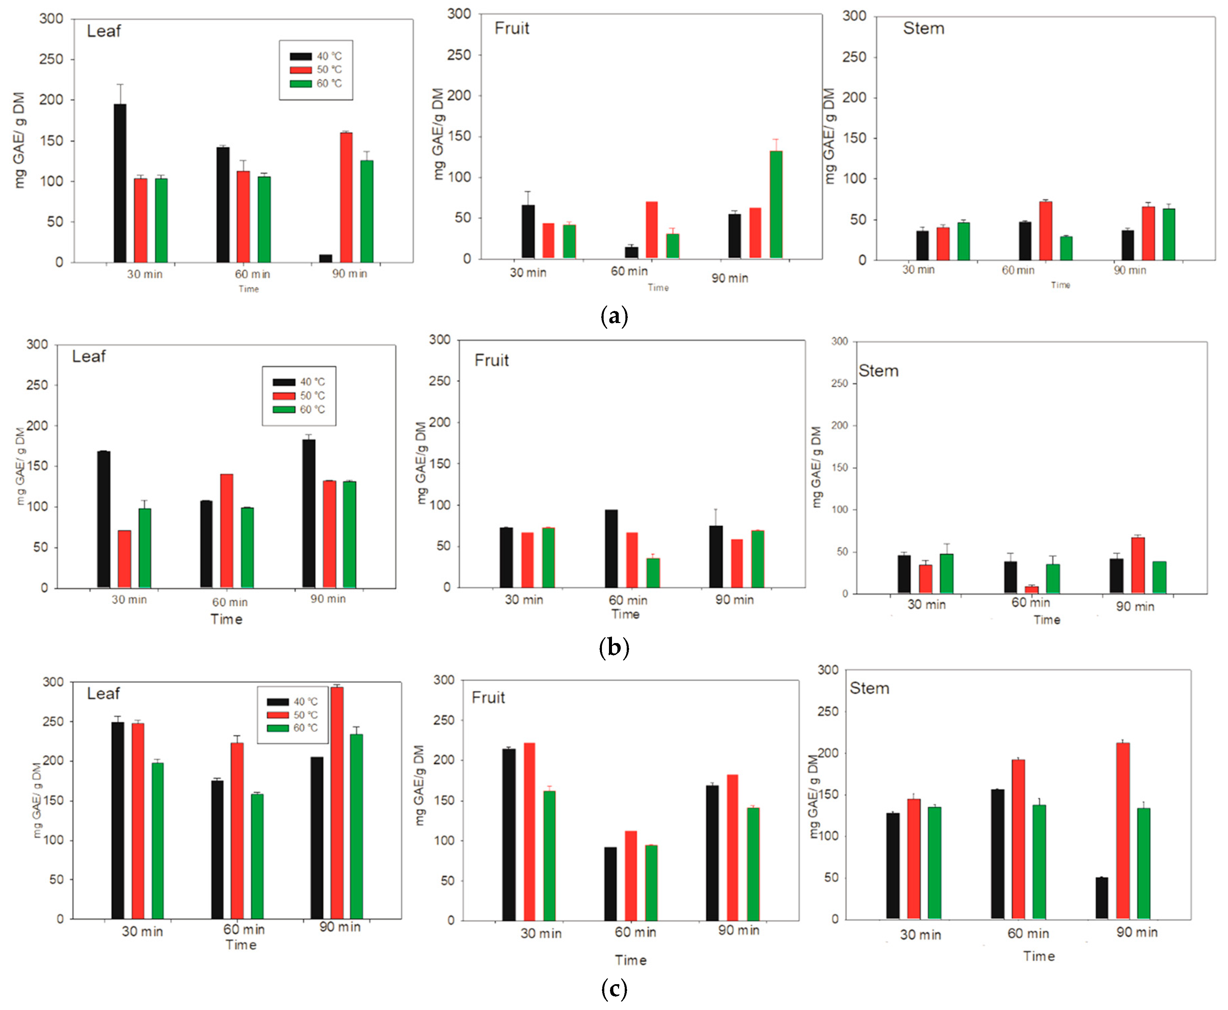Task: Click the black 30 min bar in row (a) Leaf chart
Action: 120,183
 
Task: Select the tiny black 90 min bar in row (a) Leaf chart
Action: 325,258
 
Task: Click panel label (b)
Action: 614,647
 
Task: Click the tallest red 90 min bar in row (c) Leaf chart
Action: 337,803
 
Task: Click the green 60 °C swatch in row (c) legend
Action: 277,728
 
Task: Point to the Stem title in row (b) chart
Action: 878,371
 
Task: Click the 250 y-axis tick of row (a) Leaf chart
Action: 51,59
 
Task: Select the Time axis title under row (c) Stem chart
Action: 1039,956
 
